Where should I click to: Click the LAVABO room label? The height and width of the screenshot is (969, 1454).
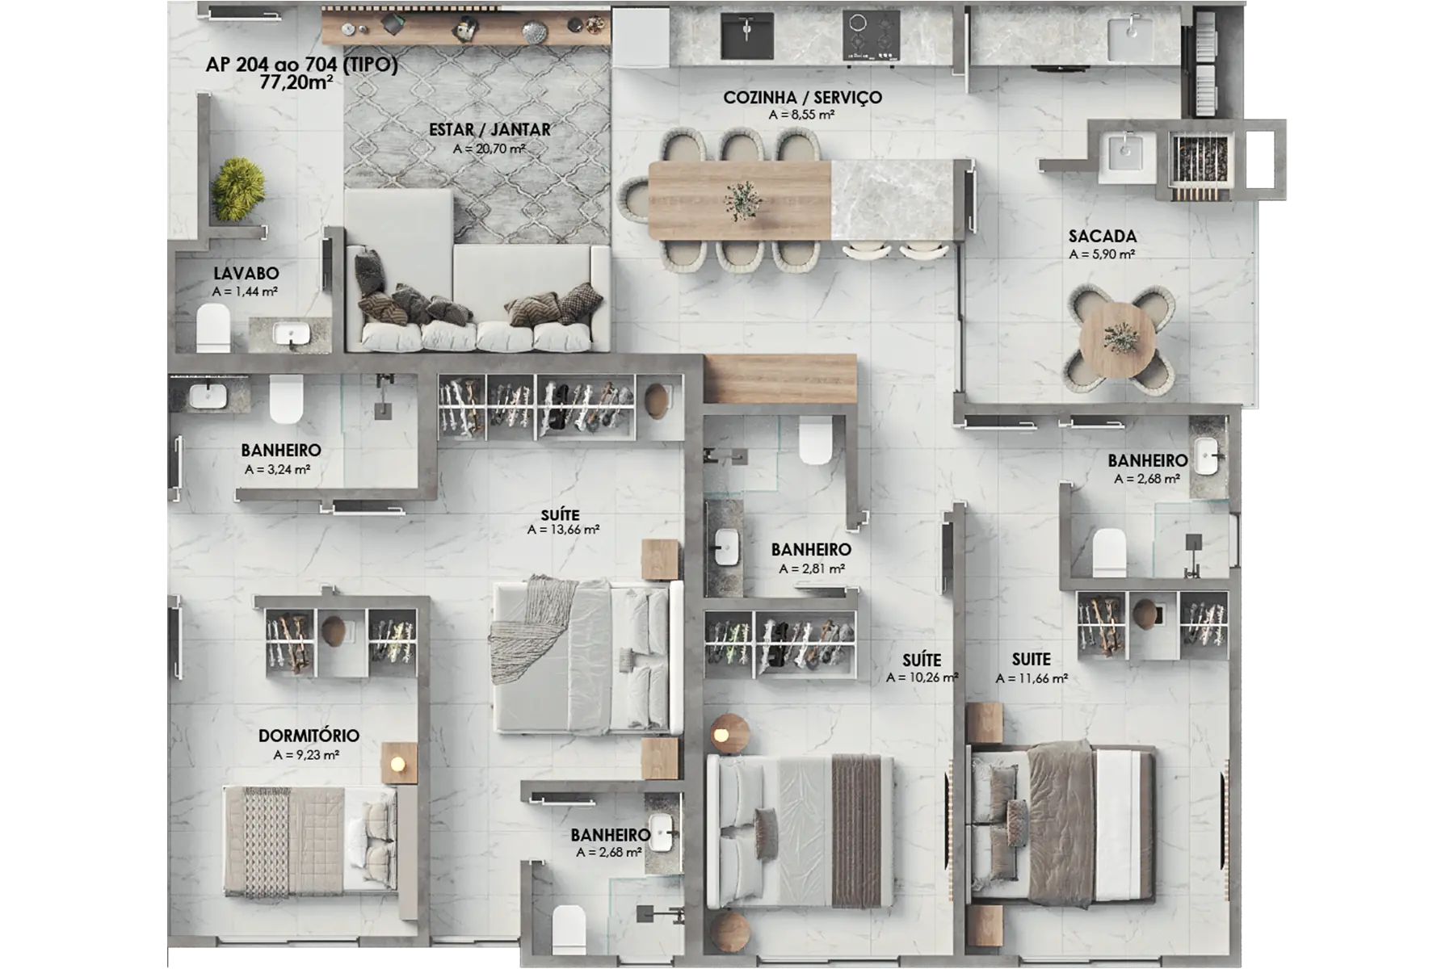tap(246, 274)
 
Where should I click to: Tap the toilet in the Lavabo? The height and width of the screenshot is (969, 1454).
tap(213, 328)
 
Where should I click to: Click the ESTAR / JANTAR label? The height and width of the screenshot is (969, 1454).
tap(490, 129)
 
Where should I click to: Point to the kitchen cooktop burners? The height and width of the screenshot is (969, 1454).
tap(871, 36)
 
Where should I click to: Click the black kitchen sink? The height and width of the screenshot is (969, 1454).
tap(746, 35)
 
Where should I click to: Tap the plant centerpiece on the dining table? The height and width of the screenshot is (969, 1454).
tap(742, 199)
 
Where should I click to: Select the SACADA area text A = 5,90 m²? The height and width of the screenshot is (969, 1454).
tap(1102, 254)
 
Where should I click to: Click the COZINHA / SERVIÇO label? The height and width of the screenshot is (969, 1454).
tap(802, 98)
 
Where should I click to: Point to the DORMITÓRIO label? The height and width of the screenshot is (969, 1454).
tap(309, 736)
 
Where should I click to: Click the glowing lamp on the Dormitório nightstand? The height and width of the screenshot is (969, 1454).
tap(397, 764)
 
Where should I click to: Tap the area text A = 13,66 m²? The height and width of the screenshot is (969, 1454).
tap(563, 531)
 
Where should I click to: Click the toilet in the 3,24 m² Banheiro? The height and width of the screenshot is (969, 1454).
tap(286, 399)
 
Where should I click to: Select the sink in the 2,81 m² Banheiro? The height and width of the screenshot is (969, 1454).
tap(727, 547)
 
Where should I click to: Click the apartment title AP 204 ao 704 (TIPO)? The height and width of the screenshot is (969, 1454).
tap(301, 65)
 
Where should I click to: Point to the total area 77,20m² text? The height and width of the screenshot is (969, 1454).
tap(296, 82)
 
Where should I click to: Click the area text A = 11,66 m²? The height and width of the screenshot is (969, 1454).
tap(1032, 679)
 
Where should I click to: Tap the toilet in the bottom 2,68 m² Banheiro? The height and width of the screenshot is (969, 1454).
tap(569, 929)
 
